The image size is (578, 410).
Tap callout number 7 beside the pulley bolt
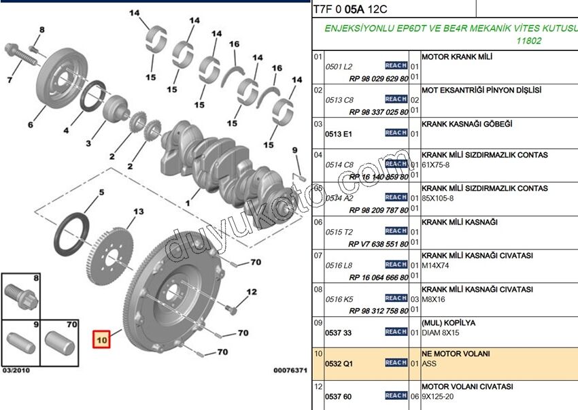[x=10, y=81]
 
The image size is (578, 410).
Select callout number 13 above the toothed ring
[x=139, y=212]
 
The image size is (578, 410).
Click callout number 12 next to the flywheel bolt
[x=252, y=292]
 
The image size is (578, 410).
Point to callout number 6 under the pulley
[x=31, y=125]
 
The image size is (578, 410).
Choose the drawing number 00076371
[x=290, y=371]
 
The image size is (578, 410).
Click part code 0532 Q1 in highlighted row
[x=339, y=364]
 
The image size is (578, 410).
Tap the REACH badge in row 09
[x=396, y=332]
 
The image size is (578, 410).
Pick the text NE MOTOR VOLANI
[x=456, y=354]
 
